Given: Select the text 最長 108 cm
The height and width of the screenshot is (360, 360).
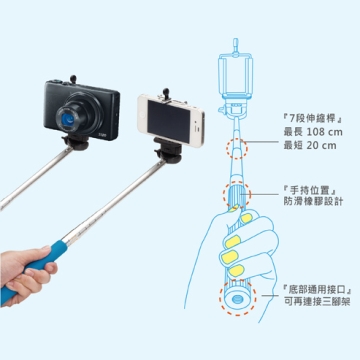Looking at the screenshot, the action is pyautogui.click(x=313, y=132).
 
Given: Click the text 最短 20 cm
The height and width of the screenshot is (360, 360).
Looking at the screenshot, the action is pyautogui.click(x=310, y=145).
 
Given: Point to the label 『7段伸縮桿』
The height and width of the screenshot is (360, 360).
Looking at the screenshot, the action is pyautogui.click(x=309, y=119).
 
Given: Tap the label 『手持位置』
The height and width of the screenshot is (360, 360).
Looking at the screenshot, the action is pyautogui.click(x=309, y=190).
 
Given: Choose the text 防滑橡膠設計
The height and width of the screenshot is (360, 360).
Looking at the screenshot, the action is pyautogui.click(x=313, y=202).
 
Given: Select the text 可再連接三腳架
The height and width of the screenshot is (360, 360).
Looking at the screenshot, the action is pyautogui.click(x=317, y=302).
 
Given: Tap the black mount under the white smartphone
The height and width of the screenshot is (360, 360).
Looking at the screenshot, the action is pyautogui.click(x=168, y=151).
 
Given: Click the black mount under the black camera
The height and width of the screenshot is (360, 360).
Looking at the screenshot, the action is pyautogui.click(x=76, y=142).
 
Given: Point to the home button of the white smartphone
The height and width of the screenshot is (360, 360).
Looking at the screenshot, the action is pyautogui.click(x=143, y=114).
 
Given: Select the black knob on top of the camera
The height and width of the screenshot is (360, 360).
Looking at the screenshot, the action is pyautogui.click(x=73, y=79).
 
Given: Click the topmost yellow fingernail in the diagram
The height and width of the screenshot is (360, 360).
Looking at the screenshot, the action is pyautogui.click(x=234, y=208).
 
